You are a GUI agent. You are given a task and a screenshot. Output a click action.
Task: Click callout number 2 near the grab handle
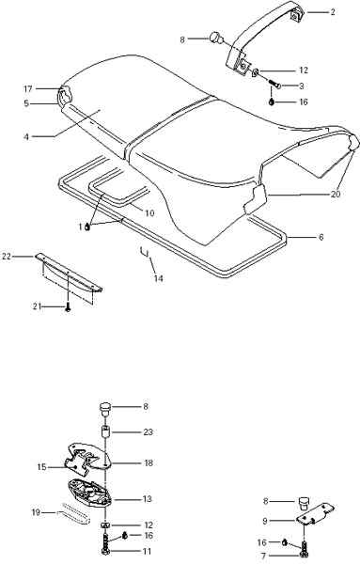coord(333,12)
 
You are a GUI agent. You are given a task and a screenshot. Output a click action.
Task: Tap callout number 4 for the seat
coord(26,137)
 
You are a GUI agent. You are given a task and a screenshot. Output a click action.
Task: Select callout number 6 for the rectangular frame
coord(321,238)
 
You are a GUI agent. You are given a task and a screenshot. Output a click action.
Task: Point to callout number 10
coord(149,213)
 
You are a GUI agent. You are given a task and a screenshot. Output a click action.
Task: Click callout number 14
coord(159,278)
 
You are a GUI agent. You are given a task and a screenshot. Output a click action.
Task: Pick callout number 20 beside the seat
coord(336,195)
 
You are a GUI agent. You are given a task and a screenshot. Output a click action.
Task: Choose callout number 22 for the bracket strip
coord(7,257)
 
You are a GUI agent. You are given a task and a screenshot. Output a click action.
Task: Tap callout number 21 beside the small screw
coord(38,306)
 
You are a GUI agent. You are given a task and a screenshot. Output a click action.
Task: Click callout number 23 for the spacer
coord(149,431)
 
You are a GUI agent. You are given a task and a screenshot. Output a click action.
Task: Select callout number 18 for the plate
coord(149,462)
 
